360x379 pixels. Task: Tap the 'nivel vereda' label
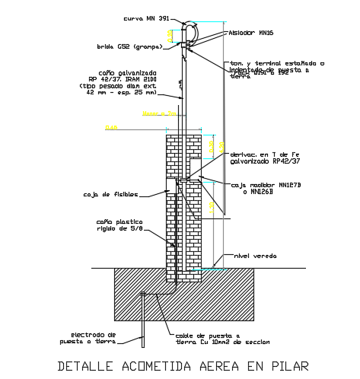255,256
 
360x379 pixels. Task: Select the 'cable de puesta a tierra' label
208,338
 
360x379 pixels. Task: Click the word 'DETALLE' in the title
84,366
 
